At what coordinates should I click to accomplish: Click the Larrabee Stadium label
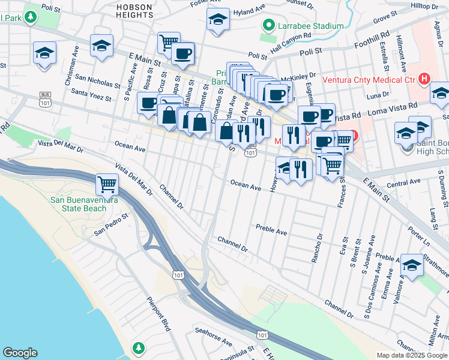(310, 26)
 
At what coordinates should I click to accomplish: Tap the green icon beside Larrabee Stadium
(268, 26)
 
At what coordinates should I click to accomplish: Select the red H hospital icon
(425, 79)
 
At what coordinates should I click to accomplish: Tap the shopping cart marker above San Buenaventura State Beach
(107, 184)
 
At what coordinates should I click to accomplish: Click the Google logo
(20, 353)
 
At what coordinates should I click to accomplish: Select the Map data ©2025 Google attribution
(412, 355)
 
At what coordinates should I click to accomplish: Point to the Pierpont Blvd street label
(159, 313)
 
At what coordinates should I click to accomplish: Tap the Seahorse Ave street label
(212, 335)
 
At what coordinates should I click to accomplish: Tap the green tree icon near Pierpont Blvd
(139, 347)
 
